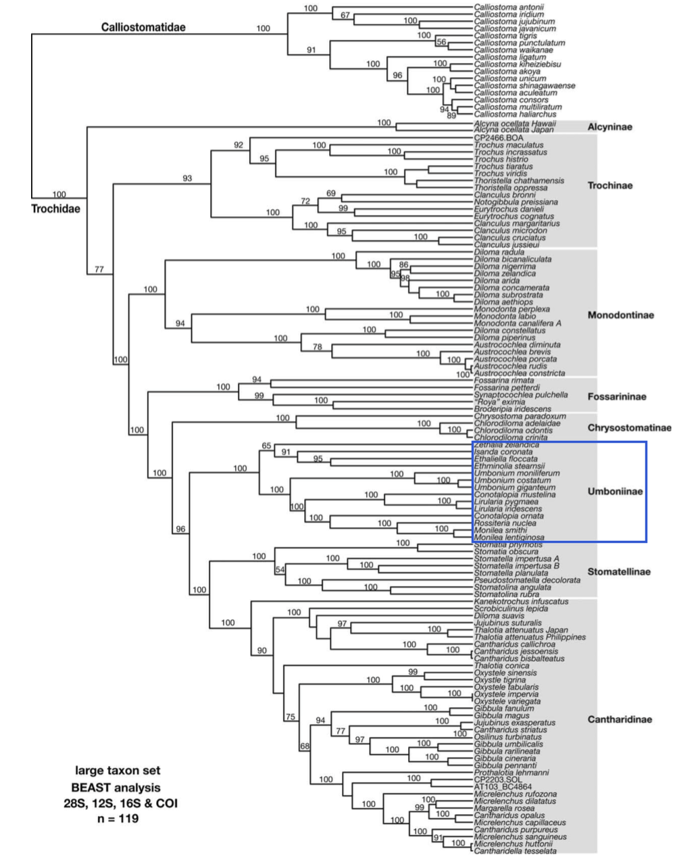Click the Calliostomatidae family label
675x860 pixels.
143,28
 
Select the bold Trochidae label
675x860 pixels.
55,209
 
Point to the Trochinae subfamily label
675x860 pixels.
610,185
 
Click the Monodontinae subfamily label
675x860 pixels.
620,315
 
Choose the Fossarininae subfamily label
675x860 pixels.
617,396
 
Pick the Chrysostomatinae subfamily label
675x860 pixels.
629,428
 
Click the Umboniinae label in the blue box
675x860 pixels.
616,492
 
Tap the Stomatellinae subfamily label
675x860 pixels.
619,572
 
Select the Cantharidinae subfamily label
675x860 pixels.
620,719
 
